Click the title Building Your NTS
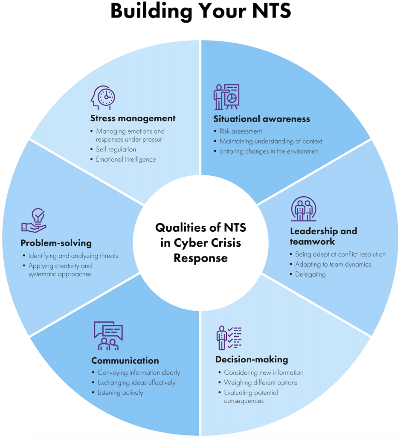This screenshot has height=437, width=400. pos(200,12)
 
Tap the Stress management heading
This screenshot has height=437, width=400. pos(133,118)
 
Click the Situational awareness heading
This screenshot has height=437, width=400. pos(261,119)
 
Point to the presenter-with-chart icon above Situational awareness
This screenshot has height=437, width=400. pos(226,97)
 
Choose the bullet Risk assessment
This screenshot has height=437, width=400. pos(241,131)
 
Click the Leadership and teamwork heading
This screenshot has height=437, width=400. pos(323,236)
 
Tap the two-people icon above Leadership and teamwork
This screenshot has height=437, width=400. pos(304,209)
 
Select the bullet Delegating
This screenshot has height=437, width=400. pos(310,274)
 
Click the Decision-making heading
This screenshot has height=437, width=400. pos(252,359)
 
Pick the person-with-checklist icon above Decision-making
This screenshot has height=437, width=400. pos(229,338)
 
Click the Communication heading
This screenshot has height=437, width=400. pos(125,361)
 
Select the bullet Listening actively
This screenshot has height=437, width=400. pos(120,393)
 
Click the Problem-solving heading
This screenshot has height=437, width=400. pos(56,243)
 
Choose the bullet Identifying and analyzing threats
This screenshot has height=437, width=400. pos(73,256)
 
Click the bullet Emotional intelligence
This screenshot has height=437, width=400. pos(126,160)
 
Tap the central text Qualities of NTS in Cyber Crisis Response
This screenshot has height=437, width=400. pos(200,243)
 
